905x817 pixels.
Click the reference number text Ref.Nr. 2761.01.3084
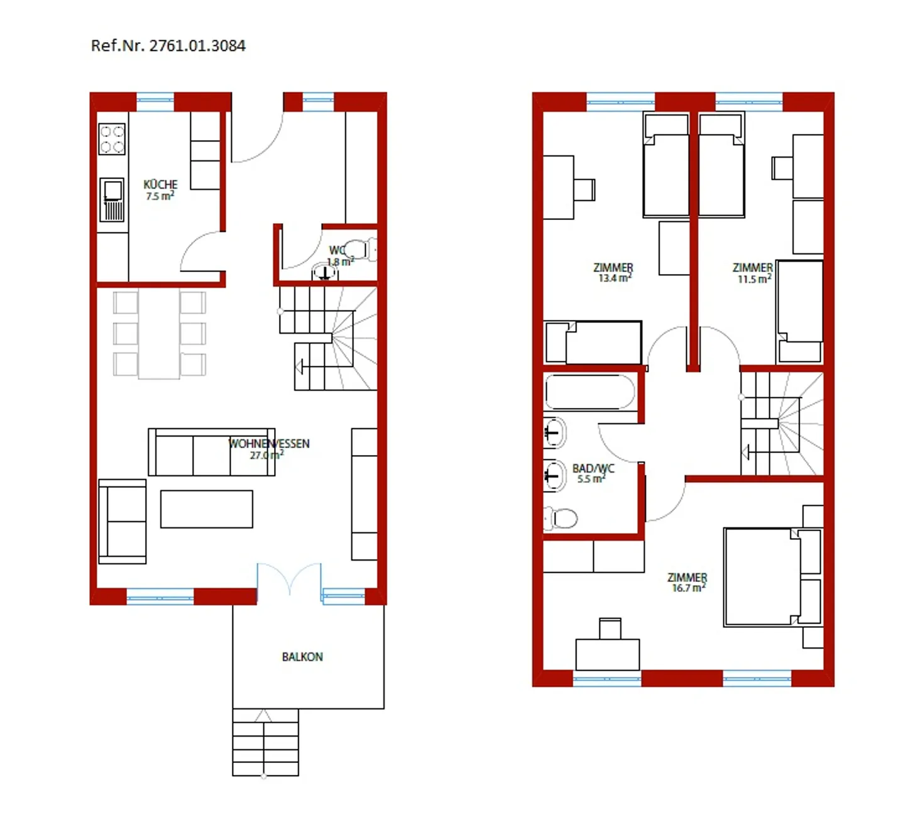[x=168, y=46]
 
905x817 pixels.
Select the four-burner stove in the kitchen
[x=112, y=139]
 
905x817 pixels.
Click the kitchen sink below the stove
[x=113, y=199]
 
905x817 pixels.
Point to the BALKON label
[x=302, y=657]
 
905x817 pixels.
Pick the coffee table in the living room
[x=206, y=509]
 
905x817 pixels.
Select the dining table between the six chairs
[x=159, y=334]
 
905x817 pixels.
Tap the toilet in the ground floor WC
[x=358, y=249]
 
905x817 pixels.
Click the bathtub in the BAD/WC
[x=590, y=393]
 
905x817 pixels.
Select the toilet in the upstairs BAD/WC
[x=561, y=518]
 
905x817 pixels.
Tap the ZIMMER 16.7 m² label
[x=687, y=582]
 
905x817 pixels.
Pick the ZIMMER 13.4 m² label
[x=613, y=272]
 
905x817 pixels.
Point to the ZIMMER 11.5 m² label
[x=753, y=273]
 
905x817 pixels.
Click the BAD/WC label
[x=593, y=473]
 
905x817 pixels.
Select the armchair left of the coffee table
[x=123, y=521]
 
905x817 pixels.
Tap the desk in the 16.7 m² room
[x=607, y=654]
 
